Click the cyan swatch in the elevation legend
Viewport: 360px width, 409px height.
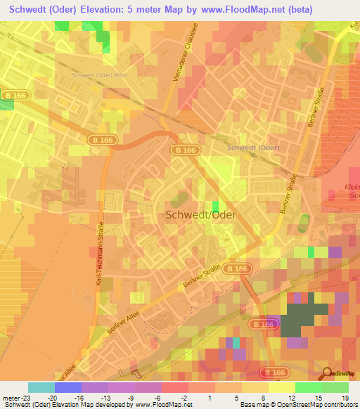pos(41,387)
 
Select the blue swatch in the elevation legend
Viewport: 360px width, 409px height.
pos(68,387)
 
